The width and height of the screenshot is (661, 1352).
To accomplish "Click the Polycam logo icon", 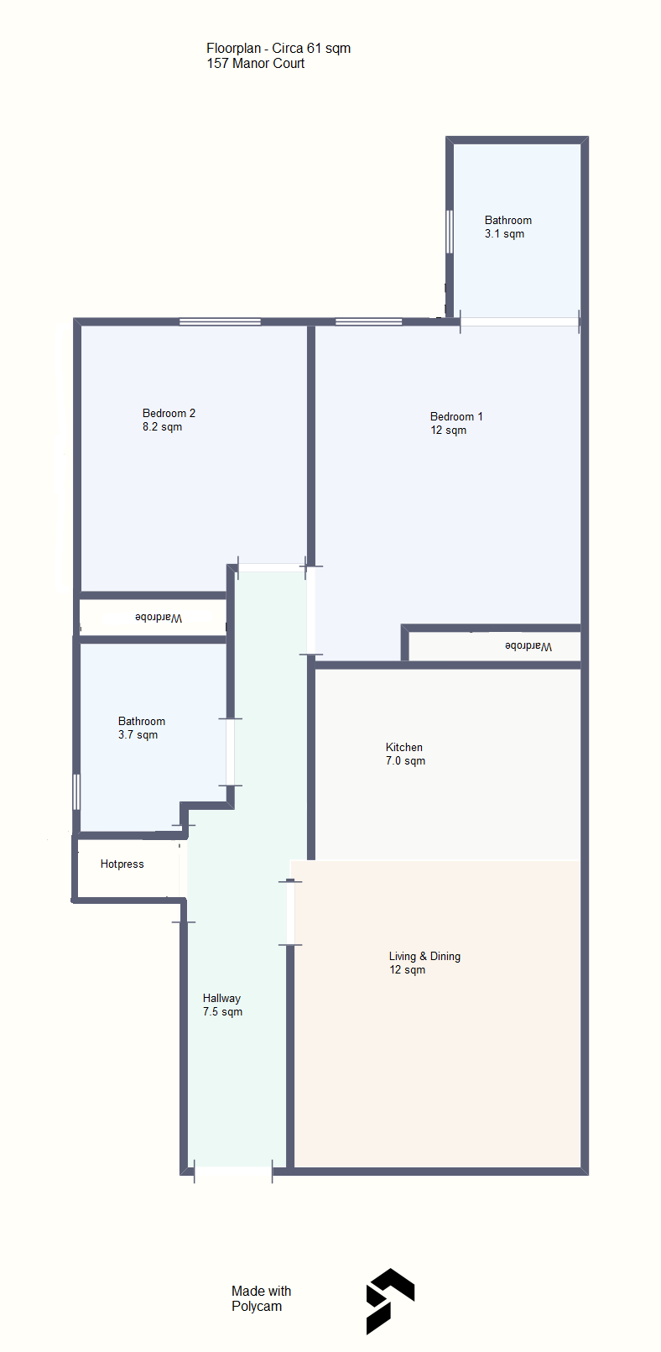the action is click(x=390, y=1301).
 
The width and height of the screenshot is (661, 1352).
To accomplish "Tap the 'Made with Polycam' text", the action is click(x=261, y=1298).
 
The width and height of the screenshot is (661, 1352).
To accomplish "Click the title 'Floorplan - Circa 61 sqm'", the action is click(x=278, y=49).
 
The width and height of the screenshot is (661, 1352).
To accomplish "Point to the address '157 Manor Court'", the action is click(x=256, y=64).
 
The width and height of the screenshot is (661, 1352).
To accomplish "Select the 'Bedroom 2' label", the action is click(x=169, y=414).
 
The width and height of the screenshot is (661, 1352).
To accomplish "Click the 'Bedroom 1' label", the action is click(x=456, y=416).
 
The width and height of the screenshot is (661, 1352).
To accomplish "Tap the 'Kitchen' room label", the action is click(x=404, y=747).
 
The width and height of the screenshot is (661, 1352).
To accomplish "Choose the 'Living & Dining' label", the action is click(x=424, y=957).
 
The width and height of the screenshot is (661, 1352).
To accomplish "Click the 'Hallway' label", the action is click(x=221, y=999).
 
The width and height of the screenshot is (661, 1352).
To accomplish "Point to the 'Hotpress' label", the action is click(x=122, y=864).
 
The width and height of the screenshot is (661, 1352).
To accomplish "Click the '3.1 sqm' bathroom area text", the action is click(x=504, y=234).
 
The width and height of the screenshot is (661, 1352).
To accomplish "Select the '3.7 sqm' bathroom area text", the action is click(x=138, y=735).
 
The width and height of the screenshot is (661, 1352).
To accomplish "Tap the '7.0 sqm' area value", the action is click(x=405, y=761).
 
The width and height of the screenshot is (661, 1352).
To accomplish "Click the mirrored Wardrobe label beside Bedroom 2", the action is click(x=159, y=618).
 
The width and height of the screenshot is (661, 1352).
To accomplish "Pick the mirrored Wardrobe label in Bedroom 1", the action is click(x=528, y=646).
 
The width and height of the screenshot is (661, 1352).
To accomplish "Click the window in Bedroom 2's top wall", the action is click(x=220, y=321).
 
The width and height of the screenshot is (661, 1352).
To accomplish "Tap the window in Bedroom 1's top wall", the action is click(x=368, y=321).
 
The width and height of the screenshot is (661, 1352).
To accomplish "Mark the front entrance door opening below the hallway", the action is click(x=233, y=1172).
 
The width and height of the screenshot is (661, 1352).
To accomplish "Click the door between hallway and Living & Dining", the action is click(x=290, y=913).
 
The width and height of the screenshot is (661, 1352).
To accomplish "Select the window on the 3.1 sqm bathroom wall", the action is click(x=450, y=231).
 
